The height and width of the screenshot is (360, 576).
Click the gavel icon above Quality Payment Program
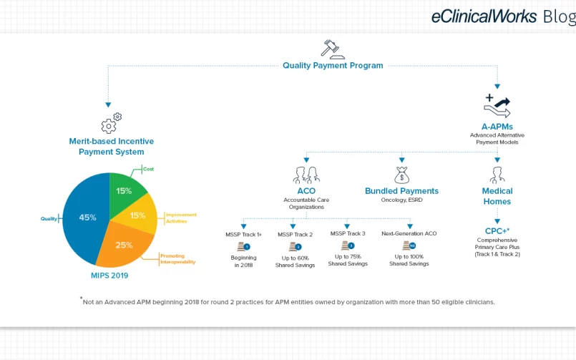coord(333,49)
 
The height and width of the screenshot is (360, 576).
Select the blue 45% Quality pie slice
coord(87,218)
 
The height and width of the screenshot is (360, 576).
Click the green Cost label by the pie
coord(148,169)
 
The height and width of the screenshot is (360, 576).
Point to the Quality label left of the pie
coord(49,218)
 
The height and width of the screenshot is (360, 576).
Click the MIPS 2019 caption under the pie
coord(109,276)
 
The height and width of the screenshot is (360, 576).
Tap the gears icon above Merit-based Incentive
coord(112,122)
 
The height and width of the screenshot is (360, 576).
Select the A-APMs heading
coord(497,127)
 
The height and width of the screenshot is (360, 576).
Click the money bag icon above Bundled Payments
coord(401,175)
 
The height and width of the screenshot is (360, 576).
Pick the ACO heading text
coord(306,191)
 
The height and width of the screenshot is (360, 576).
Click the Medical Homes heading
coord(497,196)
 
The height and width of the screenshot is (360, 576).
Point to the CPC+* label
coord(497,231)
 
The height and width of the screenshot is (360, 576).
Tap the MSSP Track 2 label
coord(295,234)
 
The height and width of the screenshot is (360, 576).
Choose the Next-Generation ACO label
coord(409,233)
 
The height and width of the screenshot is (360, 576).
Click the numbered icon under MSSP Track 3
coord(348,245)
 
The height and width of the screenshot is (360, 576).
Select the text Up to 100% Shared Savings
coord(409,260)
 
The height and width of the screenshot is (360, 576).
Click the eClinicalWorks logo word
coord(484,16)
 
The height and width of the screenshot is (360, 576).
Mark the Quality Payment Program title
coord(333,65)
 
